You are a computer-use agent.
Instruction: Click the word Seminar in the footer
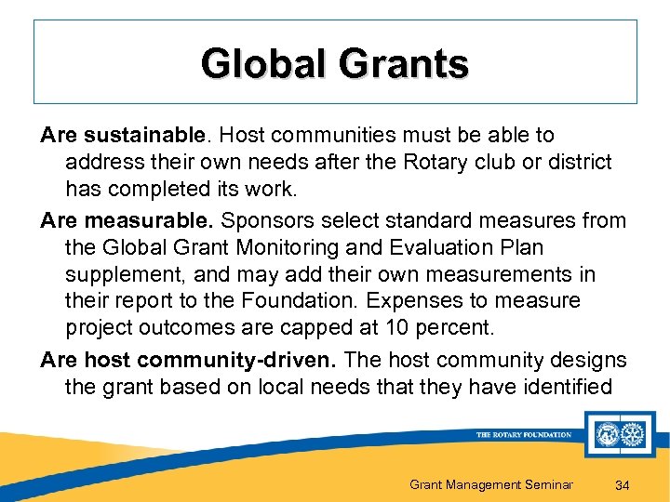544,483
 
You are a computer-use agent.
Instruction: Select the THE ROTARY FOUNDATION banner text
524,434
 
